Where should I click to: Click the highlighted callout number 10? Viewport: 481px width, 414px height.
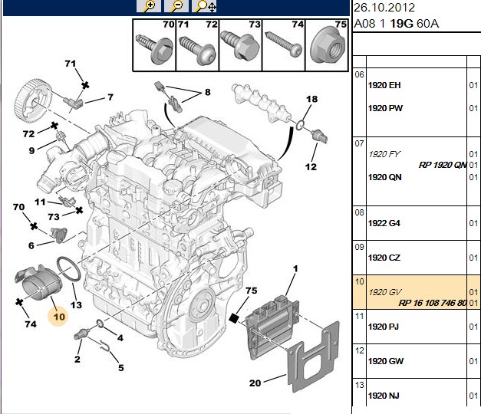(59, 317)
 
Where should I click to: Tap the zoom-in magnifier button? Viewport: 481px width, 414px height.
(149, 6)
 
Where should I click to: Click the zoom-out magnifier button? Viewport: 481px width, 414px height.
(176, 6)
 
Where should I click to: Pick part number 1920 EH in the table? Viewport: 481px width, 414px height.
(384, 85)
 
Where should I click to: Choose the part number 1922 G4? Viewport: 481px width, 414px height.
(384, 223)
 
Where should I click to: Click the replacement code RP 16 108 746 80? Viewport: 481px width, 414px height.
(433, 303)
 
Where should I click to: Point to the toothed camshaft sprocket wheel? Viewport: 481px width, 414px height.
(33, 100)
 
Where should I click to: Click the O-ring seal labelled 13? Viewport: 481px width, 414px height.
(69, 269)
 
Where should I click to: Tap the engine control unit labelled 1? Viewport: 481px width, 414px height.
(272, 326)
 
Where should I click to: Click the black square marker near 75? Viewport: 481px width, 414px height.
(234, 318)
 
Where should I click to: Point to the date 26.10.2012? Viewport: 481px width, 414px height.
(384, 8)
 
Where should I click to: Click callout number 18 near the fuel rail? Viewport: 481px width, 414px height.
(311, 99)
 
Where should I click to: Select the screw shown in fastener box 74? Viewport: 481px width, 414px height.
(283, 44)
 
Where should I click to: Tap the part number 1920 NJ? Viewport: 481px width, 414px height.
(384, 396)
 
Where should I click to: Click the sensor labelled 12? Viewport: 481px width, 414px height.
(319, 136)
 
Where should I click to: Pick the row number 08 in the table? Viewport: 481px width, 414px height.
(359, 212)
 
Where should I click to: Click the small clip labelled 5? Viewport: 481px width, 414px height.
(105, 346)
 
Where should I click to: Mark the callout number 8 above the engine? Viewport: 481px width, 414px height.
(208, 92)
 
